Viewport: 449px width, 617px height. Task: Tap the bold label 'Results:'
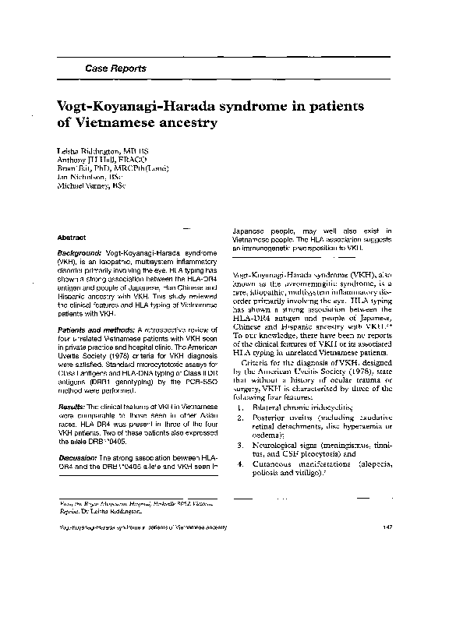tap(72, 407)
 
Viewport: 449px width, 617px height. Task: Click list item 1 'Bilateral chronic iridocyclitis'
tap(306, 407)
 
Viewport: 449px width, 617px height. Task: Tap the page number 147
tap(387, 528)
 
